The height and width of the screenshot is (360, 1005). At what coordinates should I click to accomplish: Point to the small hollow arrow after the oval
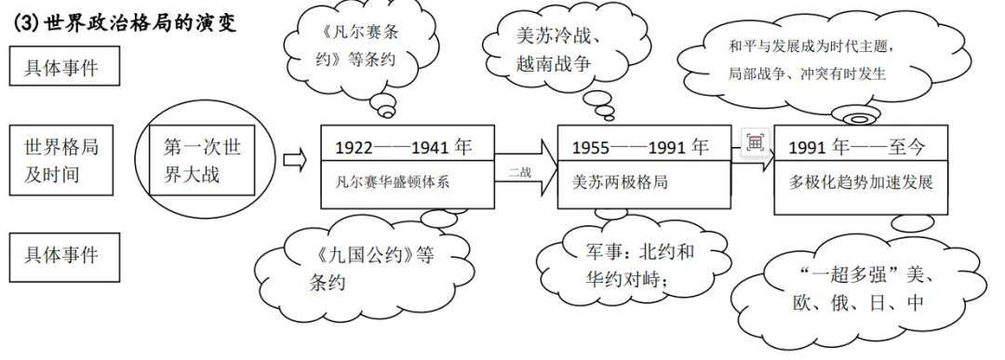pos(294,161)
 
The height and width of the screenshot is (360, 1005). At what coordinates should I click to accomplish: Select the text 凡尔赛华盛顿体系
pos(393,181)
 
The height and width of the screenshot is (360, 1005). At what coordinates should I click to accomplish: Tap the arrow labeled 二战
pos(526,162)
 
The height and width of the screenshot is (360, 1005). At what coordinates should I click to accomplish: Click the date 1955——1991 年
pos(639,147)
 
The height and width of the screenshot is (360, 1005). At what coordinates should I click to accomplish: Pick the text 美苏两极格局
pos(620,181)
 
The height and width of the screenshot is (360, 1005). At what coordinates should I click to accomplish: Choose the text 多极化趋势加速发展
pos(860,181)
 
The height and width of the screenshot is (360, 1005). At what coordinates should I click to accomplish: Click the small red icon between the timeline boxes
pos(755,142)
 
